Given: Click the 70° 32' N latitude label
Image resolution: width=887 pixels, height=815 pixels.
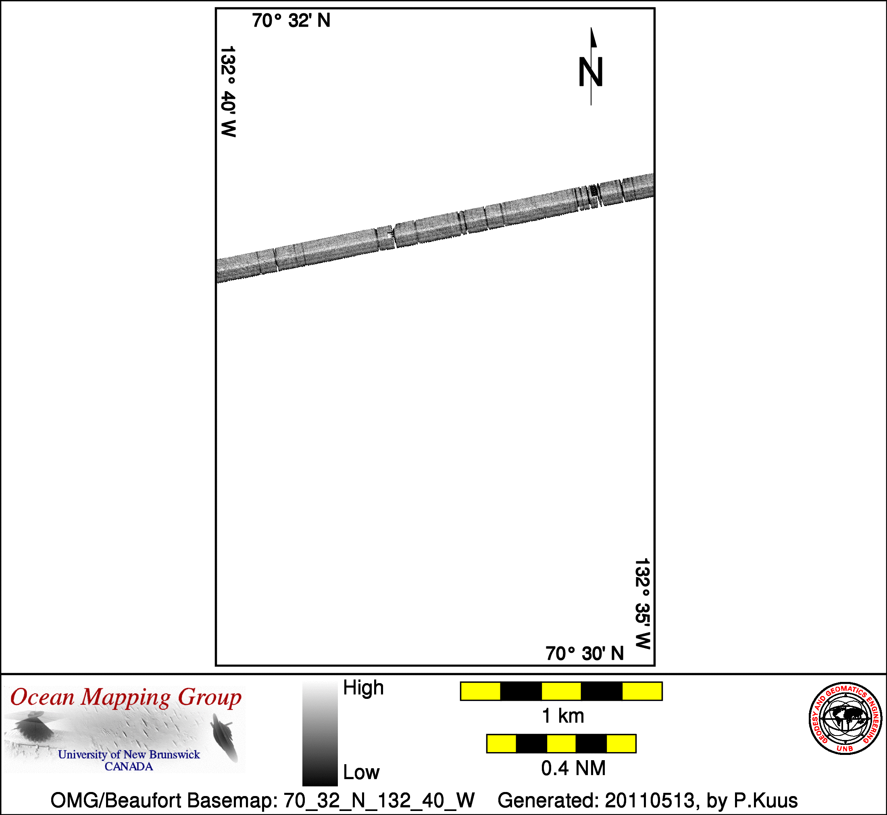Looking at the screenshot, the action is tap(291, 21).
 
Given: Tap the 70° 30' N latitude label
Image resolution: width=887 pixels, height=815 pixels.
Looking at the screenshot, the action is tap(585, 654).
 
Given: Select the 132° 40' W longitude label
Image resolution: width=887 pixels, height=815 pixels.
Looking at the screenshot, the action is tap(228, 91).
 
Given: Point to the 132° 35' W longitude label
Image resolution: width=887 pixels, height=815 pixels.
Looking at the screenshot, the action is tap(642, 604).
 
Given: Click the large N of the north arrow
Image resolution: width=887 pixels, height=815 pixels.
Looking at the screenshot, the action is tap(591, 72).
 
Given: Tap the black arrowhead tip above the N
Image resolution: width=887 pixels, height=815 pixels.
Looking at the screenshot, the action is tap(591, 28).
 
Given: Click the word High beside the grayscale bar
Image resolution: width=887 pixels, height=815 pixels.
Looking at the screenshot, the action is tap(363, 688).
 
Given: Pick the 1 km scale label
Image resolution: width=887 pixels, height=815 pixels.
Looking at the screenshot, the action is tap(563, 716).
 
